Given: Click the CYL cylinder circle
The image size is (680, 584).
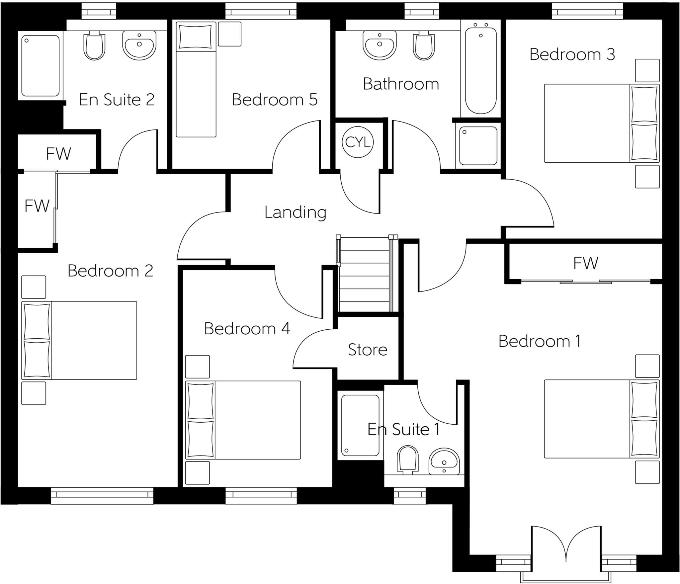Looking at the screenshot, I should [x=358, y=142].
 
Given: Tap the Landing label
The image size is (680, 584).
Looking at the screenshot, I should [x=295, y=212].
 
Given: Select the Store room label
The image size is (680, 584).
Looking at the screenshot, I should [x=367, y=350].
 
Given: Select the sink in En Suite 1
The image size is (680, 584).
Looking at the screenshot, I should [x=444, y=461].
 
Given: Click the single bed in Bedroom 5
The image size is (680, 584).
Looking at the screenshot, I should [x=196, y=80].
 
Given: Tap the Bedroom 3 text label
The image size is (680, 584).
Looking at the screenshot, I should [x=572, y=54].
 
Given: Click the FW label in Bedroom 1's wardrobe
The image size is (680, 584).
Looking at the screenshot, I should [x=585, y=263].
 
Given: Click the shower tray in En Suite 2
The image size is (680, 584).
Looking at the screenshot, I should [x=41, y=66].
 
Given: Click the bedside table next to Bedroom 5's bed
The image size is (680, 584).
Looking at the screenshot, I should [x=229, y=34].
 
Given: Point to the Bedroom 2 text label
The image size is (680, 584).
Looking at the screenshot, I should [x=110, y=271].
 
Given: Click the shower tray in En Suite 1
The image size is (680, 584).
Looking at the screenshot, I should [x=360, y=425].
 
